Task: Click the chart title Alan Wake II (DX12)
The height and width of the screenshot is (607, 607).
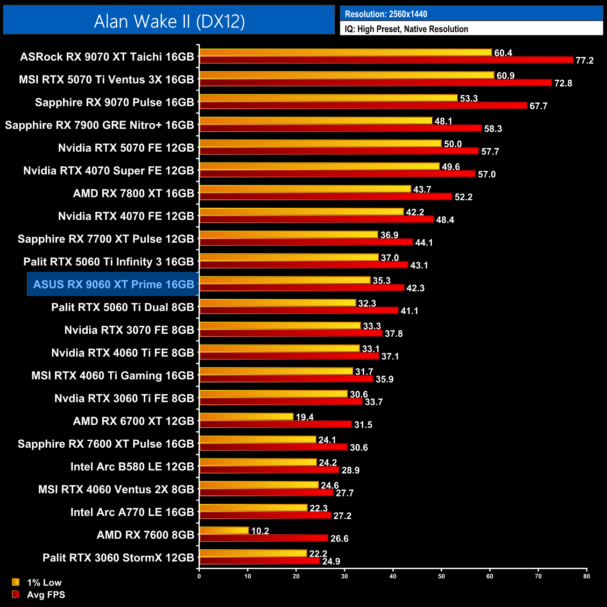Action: pos(169,21)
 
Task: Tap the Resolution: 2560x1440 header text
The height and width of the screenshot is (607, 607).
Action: pos(386,14)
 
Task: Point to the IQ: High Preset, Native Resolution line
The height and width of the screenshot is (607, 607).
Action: pos(406,29)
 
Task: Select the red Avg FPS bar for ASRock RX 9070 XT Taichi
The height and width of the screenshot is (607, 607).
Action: pos(386,60)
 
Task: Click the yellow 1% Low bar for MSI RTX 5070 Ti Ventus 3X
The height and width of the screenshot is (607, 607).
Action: pos(346,75)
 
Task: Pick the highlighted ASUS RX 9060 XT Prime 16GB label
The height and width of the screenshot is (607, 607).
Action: pos(113,284)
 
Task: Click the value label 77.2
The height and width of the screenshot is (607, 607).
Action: pos(584,61)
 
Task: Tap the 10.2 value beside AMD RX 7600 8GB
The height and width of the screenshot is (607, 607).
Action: pos(260,531)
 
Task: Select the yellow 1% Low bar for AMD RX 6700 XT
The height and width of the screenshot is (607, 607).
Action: pos(246,416)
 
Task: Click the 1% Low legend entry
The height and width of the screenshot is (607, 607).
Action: pos(44,582)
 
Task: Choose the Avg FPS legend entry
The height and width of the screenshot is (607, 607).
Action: pos(46,594)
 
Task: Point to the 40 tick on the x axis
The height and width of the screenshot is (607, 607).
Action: pos(393,576)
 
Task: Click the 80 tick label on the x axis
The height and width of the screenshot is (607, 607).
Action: pos(586,576)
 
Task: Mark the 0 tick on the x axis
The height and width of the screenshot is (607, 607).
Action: pos(199,576)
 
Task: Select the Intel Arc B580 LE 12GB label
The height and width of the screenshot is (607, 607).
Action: pos(132,466)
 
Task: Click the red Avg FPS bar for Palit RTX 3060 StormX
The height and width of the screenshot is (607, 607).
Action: pos(259,561)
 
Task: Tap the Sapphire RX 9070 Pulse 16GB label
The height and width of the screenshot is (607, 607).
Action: pos(114,102)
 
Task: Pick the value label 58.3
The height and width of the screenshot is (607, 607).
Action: pos(493,129)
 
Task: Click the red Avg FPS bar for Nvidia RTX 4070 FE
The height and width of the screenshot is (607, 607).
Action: pos(316,219)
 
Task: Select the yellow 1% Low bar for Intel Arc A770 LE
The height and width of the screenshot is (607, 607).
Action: pos(253,508)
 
